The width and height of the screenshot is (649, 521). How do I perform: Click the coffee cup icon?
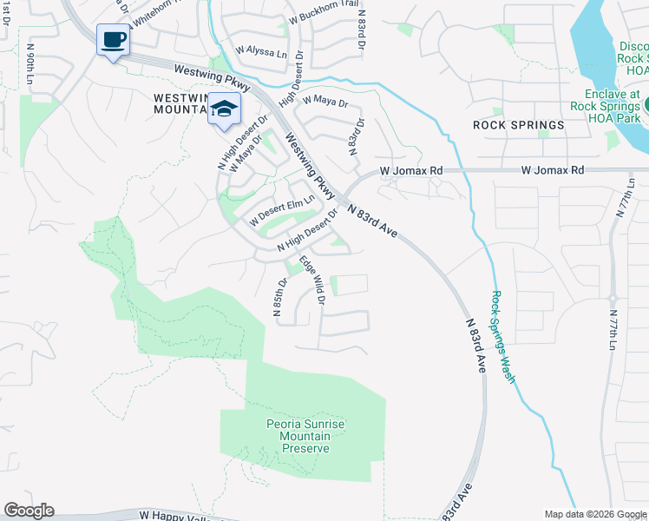113,40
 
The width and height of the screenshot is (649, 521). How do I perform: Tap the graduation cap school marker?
224,110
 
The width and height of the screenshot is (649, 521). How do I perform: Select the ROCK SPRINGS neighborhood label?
518,125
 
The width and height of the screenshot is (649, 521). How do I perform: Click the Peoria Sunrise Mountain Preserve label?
305,436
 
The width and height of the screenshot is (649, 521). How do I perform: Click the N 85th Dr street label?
280,298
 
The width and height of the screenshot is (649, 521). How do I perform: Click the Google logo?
29,511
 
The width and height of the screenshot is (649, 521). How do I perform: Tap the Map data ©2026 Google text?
595,514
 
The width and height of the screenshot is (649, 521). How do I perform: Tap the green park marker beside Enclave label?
646,103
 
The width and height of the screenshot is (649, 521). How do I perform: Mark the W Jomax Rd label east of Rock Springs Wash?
552,171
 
